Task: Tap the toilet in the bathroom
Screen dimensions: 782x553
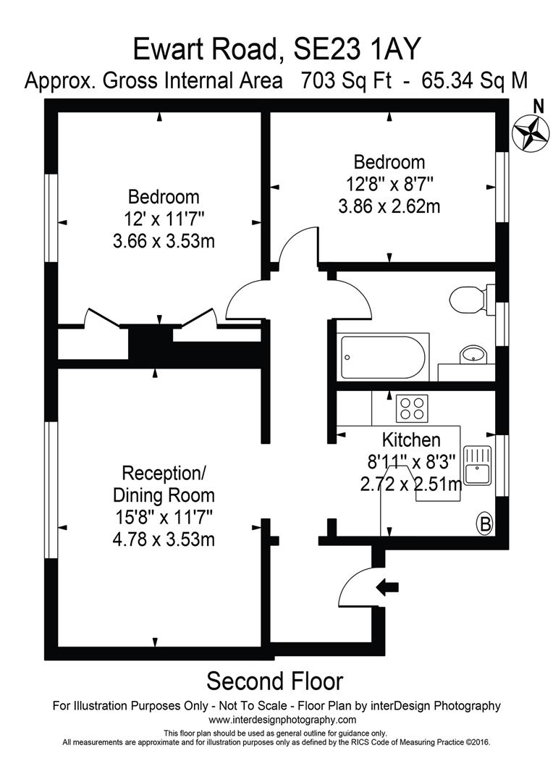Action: coord(469,298)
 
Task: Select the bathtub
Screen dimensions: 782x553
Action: coord(383,357)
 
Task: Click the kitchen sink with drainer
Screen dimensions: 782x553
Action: coord(477,466)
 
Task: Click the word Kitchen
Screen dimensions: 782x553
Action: coord(411,440)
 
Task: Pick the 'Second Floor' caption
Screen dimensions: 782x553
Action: coord(274,681)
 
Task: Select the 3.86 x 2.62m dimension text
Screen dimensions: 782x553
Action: coord(389,206)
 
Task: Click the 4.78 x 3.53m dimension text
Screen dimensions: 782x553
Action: coord(164,539)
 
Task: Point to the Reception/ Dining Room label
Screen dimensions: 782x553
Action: coord(164,484)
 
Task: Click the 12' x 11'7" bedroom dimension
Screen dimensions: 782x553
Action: coord(164,218)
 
